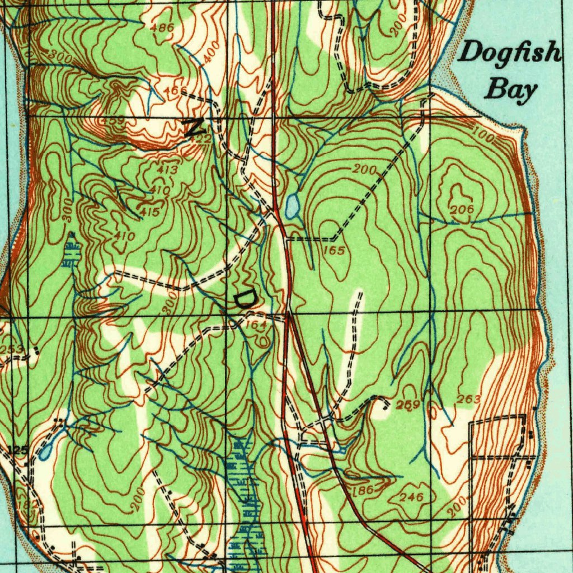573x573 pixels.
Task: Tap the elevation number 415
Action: (151, 212)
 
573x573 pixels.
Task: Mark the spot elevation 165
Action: (334, 251)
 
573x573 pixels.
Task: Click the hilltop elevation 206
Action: (462, 209)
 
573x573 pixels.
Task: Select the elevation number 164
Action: (255, 325)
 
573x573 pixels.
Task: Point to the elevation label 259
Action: (408, 405)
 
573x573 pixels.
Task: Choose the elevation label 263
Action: (469, 399)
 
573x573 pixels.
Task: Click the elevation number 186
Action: (363, 490)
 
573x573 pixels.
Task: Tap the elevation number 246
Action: (411, 497)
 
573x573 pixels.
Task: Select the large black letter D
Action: (244, 299)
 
